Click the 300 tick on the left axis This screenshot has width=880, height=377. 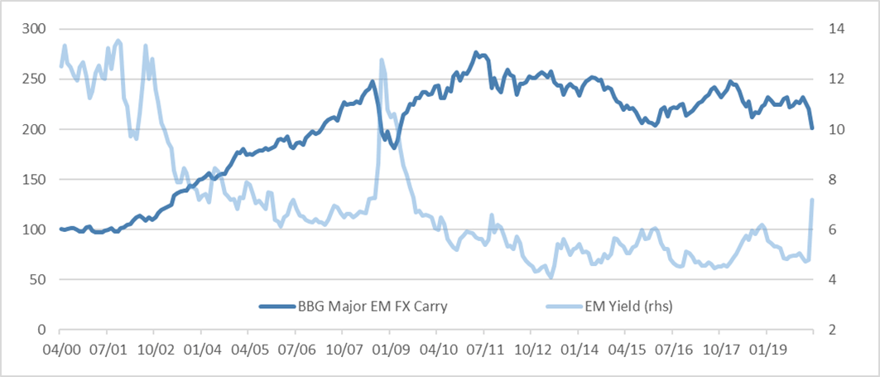[34, 29]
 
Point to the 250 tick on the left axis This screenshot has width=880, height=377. [34, 80]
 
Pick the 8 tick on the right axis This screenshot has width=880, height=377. [830, 180]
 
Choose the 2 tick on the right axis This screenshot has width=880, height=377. [830, 331]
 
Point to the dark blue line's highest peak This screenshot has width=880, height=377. [476, 53]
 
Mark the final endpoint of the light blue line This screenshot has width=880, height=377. [813, 200]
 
